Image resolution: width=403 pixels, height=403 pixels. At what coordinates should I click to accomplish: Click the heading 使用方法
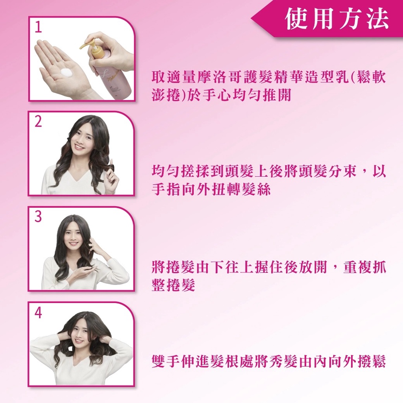[x=337, y=18]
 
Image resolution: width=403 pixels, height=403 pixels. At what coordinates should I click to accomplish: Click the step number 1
[x=38, y=27]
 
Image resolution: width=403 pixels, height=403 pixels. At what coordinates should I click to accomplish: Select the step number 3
[x=38, y=216]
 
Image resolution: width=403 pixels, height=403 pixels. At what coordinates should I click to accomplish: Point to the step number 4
[x=38, y=313]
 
